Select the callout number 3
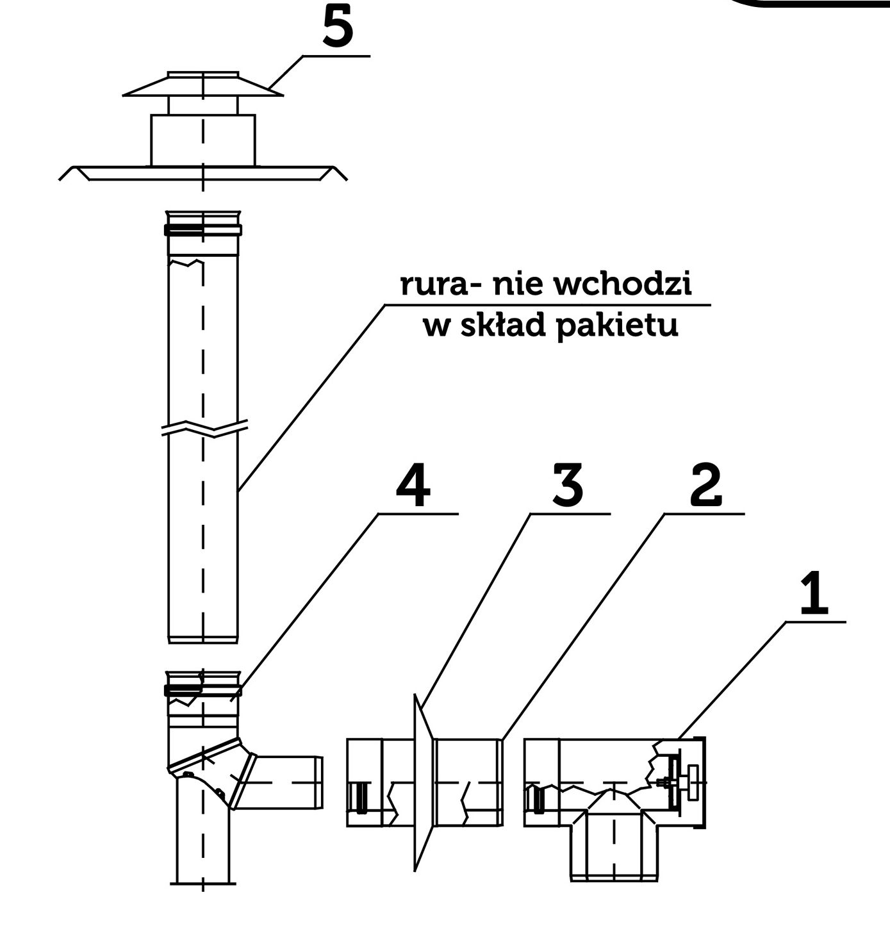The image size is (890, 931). coord(567,485)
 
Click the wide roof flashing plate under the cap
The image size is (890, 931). coord(202,172)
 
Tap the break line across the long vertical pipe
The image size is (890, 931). coord(204,428)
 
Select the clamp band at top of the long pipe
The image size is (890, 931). coord(202,230)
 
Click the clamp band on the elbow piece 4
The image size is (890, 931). coord(202,690)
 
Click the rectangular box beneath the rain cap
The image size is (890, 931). coord(202,140)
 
